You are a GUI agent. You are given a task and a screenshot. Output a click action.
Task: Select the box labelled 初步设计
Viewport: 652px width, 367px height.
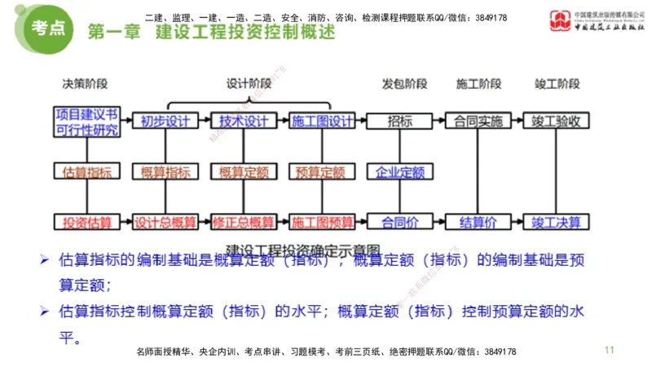click(x=165, y=121)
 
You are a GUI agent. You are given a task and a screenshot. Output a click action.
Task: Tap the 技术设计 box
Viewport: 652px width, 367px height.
click(x=244, y=121)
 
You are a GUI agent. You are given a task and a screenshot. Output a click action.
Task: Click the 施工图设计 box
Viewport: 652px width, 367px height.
click(x=323, y=121)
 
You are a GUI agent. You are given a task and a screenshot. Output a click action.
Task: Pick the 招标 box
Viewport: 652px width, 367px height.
click(x=400, y=121)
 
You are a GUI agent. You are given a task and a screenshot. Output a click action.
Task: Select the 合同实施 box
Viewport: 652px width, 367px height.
click(x=478, y=121)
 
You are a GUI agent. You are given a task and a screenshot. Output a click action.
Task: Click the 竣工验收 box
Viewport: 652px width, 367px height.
click(x=557, y=121)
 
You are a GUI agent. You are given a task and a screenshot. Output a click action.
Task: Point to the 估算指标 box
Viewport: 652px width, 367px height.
click(x=86, y=172)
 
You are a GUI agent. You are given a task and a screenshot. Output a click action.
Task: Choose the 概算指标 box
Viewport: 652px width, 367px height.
click(x=165, y=172)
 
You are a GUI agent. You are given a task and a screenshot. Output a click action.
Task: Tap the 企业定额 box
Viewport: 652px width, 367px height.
click(x=400, y=172)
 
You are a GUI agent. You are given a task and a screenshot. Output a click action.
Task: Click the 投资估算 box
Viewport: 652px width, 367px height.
click(x=86, y=221)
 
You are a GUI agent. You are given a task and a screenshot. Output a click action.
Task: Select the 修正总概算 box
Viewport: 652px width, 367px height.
click(x=244, y=221)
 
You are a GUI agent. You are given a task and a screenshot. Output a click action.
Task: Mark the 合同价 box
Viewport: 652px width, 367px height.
click(x=400, y=221)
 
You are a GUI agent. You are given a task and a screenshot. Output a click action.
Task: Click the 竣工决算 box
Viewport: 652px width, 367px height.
click(x=557, y=221)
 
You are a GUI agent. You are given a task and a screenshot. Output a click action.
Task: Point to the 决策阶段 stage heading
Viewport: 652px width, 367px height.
click(x=86, y=84)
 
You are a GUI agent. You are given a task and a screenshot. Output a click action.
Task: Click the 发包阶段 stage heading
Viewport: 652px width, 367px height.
click(x=404, y=84)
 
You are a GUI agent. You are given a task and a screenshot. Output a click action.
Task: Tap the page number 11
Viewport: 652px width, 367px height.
click(x=609, y=350)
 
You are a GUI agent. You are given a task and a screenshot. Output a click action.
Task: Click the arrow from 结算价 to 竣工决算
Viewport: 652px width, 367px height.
click(x=517, y=221)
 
